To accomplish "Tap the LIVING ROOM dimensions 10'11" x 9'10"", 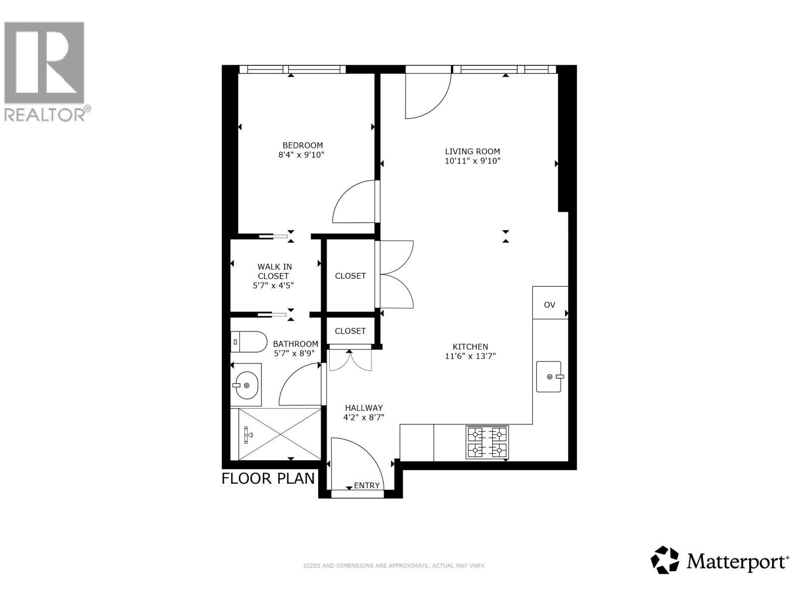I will click(x=472, y=161).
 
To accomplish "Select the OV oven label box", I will click(x=550, y=304).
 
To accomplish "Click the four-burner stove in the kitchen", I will click(x=487, y=442).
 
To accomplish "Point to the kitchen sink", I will click(x=549, y=376).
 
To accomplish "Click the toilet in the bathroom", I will click(x=249, y=341).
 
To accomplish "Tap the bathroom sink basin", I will click(x=246, y=385).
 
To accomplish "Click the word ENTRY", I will click(x=367, y=485).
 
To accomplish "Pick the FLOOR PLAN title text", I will click(x=268, y=478).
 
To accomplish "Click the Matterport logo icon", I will click(x=665, y=560).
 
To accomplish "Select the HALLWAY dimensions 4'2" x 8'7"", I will click(x=364, y=417).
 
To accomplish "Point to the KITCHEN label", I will click(x=470, y=346).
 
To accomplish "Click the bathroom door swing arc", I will click(x=298, y=384).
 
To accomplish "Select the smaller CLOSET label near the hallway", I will click(x=350, y=331).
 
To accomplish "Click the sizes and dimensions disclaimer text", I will click(x=394, y=566).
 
